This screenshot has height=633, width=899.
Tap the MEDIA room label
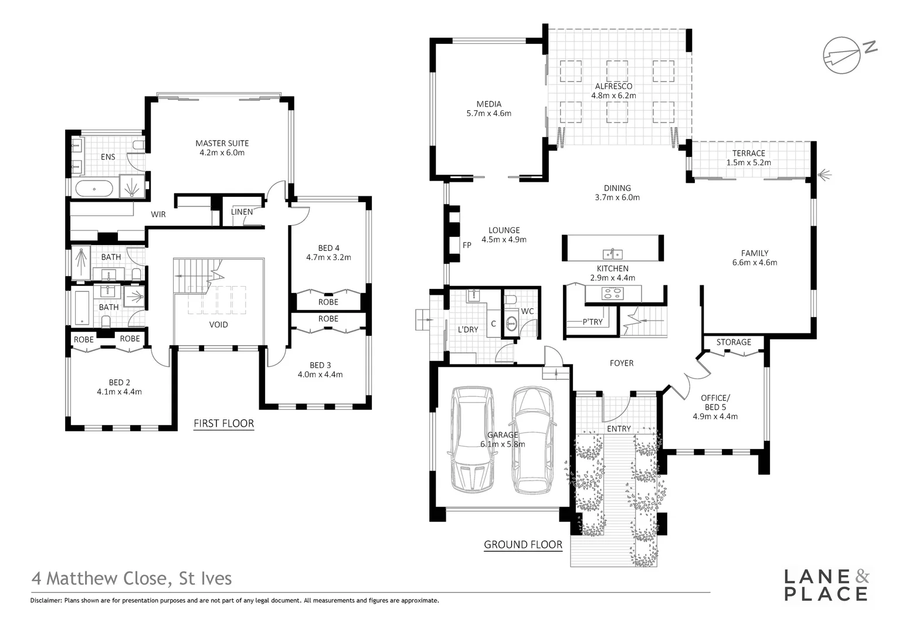coord(488,104)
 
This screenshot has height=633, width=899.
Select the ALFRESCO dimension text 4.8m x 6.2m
coord(613,96)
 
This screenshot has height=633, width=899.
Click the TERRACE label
coord(748,153)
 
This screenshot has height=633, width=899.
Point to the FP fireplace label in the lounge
coord(467,245)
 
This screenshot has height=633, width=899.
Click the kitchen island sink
coord(613,254)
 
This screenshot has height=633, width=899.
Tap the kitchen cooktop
coord(613,294)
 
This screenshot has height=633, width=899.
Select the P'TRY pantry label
coord(592,322)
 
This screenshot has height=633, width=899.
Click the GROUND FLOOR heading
coord(523,544)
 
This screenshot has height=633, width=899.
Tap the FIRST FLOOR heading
coord(223,423)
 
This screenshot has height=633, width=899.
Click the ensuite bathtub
coord(94,189)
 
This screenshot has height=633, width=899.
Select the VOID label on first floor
coord(218,324)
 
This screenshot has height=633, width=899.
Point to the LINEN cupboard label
coord(242,212)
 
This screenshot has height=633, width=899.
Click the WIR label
coord(158,215)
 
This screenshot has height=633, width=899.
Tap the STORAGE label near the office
coord(733,342)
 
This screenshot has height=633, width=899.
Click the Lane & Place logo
coord(826,584)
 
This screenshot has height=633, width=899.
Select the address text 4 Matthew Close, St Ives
coord(132,578)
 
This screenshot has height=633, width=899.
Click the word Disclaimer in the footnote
coord(46,600)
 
